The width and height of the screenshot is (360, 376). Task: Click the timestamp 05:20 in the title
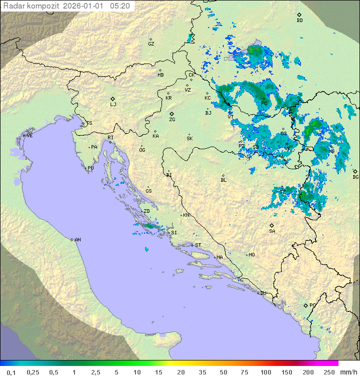point(120,6)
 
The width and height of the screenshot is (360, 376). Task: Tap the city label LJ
point(113,105)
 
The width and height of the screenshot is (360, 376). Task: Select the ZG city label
point(172,120)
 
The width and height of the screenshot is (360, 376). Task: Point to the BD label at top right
point(299,21)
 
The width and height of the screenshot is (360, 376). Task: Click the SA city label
point(272,231)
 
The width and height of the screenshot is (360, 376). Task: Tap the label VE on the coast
point(29,136)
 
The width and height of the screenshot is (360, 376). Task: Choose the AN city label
point(77,240)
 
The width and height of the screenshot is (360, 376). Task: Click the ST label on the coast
point(198,245)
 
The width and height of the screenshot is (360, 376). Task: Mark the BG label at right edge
point(355,177)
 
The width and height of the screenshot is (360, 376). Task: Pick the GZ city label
point(151,44)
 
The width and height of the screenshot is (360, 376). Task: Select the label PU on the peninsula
point(90,168)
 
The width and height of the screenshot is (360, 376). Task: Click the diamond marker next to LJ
point(113,99)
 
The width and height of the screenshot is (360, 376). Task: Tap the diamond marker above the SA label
point(272,225)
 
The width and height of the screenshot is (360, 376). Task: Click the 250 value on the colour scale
point(328,372)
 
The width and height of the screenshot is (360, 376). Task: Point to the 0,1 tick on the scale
point(11,372)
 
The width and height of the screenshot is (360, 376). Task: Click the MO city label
point(251,255)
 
